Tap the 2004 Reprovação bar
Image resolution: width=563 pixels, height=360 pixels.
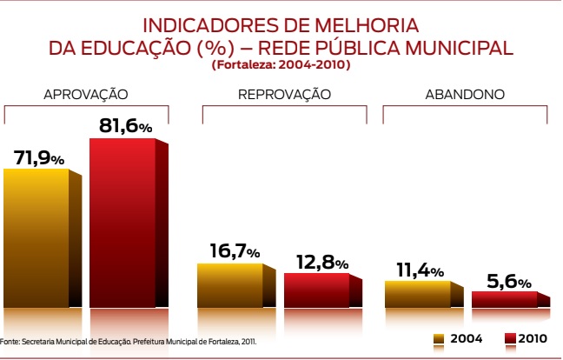point(229,284)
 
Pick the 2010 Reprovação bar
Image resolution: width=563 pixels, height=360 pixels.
point(316,290)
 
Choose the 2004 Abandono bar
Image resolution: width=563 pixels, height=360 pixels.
point(417,294)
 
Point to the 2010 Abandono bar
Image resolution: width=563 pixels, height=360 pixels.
point(504,299)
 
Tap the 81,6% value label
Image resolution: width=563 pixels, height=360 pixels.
point(125,126)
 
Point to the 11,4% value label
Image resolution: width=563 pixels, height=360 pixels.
point(420,270)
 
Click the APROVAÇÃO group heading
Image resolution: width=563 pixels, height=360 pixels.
point(86,94)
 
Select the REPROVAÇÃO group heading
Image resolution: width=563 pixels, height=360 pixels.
point(284,94)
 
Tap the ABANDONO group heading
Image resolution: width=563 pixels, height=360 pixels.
point(465,94)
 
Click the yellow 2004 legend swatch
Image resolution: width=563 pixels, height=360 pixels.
point(440,338)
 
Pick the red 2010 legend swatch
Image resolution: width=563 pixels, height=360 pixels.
point(510,338)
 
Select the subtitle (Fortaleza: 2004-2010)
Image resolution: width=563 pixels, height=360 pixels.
point(281,65)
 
